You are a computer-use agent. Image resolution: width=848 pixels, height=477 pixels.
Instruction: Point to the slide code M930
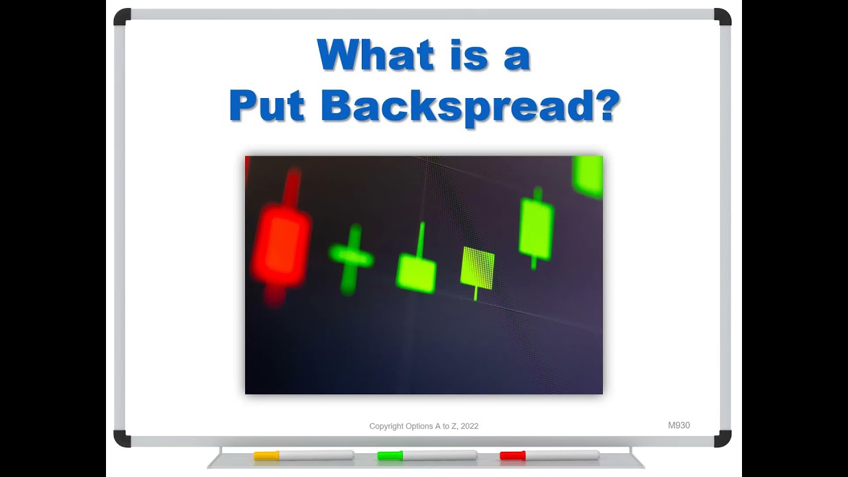click(x=678, y=425)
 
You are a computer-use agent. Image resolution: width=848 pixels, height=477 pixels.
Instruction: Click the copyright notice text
click(x=423, y=426)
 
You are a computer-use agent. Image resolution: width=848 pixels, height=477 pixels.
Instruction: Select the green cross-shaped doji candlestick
click(x=351, y=256)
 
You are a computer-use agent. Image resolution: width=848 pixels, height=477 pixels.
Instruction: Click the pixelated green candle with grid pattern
click(x=477, y=268)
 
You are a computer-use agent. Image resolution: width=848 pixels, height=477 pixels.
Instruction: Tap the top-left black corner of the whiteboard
click(x=122, y=17)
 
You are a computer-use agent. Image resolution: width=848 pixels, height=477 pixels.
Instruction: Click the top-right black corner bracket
click(x=723, y=17)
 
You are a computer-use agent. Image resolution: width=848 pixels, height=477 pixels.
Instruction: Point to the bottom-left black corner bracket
click(x=122, y=438)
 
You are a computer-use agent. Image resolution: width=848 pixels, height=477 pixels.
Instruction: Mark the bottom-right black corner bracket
click(x=723, y=438)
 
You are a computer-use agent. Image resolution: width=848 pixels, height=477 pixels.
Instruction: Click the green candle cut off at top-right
click(x=588, y=176)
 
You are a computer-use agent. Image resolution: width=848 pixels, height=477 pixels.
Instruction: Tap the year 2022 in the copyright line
click(x=469, y=426)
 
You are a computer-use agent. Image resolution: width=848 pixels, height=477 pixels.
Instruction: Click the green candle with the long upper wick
click(x=416, y=272)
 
